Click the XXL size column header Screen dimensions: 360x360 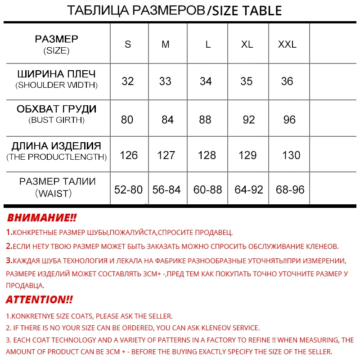(x=287, y=45)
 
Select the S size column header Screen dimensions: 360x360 (x=128, y=45)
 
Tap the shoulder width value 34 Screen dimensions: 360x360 (x=206, y=81)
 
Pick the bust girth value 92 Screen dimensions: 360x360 (x=248, y=120)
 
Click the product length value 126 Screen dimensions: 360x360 (x=129, y=155)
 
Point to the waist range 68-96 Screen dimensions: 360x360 (x=290, y=189)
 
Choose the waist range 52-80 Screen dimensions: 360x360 (x=128, y=189)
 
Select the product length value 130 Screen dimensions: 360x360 (x=291, y=155)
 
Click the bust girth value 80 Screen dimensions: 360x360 (x=127, y=120)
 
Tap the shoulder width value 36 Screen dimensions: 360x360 (x=287, y=81)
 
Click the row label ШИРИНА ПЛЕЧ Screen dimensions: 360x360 (x=57, y=74)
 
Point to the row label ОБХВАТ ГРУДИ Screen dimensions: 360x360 (x=57, y=109)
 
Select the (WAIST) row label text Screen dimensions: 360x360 (x=57, y=193)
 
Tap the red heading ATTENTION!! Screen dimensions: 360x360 (x=39, y=300)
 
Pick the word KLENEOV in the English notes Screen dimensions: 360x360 (x=215, y=328)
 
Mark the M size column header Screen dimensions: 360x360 (x=166, y=45)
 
